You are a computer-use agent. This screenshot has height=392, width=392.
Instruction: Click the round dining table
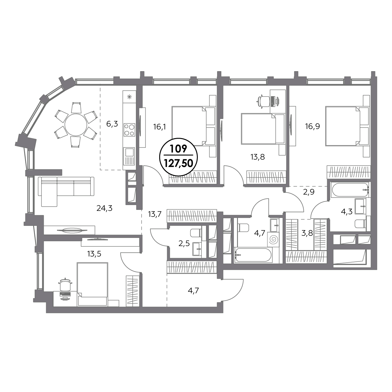point(76,125)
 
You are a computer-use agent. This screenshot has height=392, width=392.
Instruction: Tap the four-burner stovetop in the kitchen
point(129,130)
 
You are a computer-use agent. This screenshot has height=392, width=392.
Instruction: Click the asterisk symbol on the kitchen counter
point(129,97)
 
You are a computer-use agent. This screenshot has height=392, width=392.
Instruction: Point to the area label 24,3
point(104,208)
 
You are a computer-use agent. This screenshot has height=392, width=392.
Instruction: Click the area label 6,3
point(112,123)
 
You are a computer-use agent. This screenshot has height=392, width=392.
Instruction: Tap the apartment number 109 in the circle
point(179,150)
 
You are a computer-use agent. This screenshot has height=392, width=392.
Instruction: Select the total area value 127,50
point(179,163)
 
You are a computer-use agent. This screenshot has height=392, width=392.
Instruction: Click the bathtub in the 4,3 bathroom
point(350,190)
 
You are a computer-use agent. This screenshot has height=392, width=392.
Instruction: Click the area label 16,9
point(312,126)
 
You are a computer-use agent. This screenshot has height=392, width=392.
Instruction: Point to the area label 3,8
point(307,233)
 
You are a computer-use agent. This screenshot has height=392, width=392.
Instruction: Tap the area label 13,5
point(94,254)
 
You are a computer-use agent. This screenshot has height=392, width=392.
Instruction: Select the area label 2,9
point(309,192)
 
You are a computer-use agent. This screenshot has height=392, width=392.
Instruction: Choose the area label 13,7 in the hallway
point(155,214)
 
